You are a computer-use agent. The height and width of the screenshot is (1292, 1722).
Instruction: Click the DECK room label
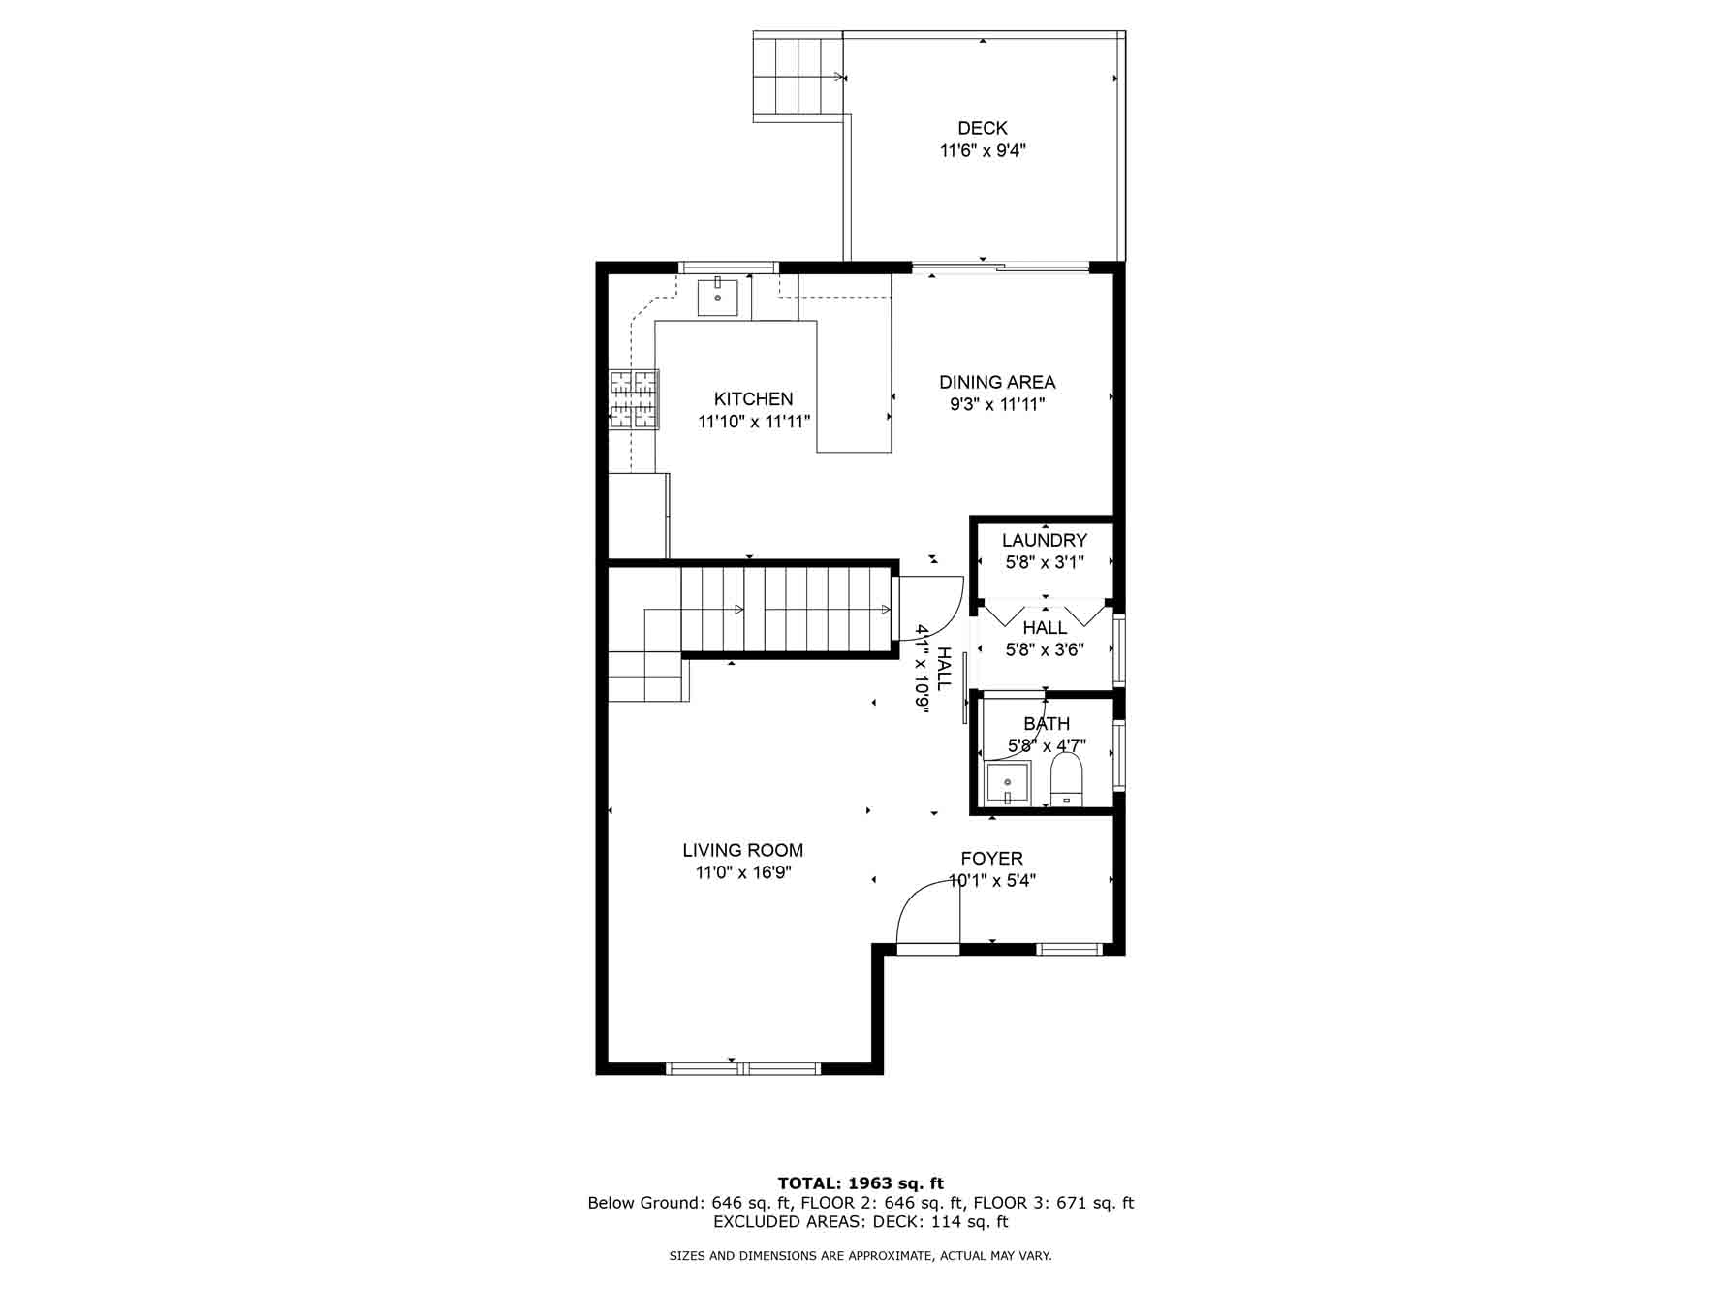(982, 128)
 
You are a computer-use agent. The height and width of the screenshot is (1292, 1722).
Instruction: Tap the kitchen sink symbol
(718, 298)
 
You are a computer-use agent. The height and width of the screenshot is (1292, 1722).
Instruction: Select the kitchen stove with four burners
(634, 399)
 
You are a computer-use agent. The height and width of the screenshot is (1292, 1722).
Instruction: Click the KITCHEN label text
(753, 398)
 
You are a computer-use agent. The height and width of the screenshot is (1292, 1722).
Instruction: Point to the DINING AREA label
(997, 382)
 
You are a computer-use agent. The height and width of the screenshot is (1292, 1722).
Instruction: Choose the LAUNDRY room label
(1045, 540)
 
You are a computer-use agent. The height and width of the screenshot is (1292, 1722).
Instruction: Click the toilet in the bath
(1066, 780)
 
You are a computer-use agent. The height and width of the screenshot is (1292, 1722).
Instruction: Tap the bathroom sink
(1008, 783)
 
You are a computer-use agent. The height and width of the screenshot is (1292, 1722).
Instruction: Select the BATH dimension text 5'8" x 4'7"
(1047, 745)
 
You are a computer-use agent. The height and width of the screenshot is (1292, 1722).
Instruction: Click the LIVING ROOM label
(742, 850)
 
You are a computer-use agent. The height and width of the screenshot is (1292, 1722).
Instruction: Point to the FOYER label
(991, 858)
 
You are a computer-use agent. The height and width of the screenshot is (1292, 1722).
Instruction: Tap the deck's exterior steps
(798, 76)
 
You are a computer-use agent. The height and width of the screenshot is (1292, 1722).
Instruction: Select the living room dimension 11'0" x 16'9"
(743, 872)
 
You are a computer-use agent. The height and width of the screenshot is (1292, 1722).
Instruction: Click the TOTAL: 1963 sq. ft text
(861, 1182)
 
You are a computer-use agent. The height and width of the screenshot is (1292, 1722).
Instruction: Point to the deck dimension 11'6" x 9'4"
(983, 150)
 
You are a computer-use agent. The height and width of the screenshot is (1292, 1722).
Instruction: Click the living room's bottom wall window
(743, 1068)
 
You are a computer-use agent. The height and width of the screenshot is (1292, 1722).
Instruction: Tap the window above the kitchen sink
(728, 268)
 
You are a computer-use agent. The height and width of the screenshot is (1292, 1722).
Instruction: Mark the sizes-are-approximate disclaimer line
(861, 1256)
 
